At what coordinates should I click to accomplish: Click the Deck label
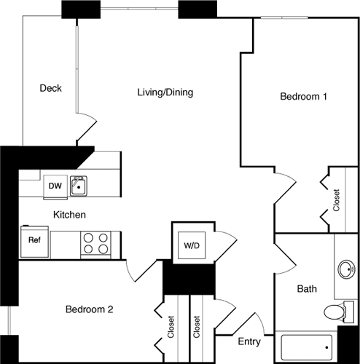50,89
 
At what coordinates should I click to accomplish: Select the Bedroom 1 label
303,97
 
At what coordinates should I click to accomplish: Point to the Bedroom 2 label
90,309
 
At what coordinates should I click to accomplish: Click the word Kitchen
70,215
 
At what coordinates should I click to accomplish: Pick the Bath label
307,289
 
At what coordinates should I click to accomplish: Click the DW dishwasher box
55,186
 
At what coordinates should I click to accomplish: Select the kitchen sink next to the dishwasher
79,187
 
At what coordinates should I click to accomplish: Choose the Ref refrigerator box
34,240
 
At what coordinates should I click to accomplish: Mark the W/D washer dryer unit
192,245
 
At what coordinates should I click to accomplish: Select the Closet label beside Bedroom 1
337,200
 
